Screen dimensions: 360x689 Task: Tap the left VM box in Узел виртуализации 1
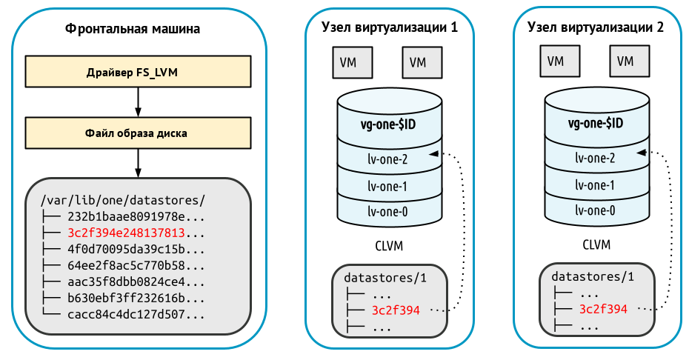point(347,62)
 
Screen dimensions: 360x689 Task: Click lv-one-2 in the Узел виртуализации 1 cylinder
point(387,158)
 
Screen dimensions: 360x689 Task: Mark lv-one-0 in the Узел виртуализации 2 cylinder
point(595,210)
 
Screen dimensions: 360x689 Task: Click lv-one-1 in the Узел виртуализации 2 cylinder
point(595,184)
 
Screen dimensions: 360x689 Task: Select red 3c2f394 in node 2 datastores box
point(603,309)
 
